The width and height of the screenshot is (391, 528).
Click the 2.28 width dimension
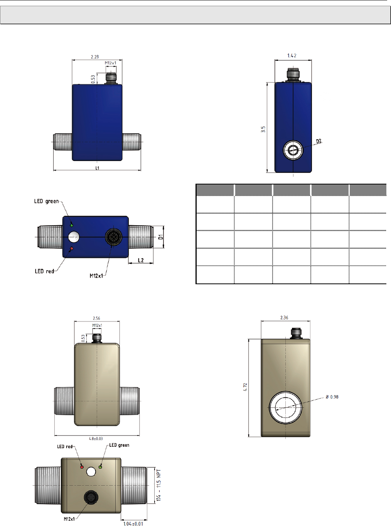click(x=94, y=57)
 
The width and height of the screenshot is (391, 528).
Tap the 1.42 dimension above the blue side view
click(x=292, y=56)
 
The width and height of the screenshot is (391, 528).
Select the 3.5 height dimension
click(x=263, y=129)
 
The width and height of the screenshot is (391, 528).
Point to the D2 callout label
click(x=319, y=141)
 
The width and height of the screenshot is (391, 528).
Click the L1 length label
click(x=97, y=168)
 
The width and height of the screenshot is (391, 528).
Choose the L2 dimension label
click(x=141, y=260)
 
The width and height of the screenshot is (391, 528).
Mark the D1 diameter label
click(x=161, y=237)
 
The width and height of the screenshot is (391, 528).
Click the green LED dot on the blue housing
click(x=71, y=225)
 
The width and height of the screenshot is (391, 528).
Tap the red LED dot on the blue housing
click(x=71, y=249)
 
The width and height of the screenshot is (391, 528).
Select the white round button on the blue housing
click(x=74, y=237)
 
